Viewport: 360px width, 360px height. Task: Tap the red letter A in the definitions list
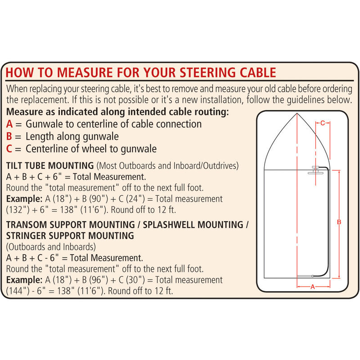coord(10,124)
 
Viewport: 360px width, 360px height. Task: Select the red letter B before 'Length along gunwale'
coord(10,136)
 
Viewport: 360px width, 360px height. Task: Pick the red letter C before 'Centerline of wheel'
coord(10,148)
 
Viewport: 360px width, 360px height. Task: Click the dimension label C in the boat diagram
coord(323,122)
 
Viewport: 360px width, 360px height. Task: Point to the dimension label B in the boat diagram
coord(339,222)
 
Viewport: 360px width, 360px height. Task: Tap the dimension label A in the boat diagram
coord(312,286)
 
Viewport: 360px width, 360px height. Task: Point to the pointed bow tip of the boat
coord(297,114)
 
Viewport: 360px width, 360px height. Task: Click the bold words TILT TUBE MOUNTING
coord(50,165)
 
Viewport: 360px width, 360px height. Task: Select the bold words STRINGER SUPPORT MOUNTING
coord(70,235)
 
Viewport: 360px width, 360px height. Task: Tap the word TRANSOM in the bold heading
coord(26,224)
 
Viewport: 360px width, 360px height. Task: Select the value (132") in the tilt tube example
coord(17,210)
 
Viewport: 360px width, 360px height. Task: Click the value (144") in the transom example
coord(17,291)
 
